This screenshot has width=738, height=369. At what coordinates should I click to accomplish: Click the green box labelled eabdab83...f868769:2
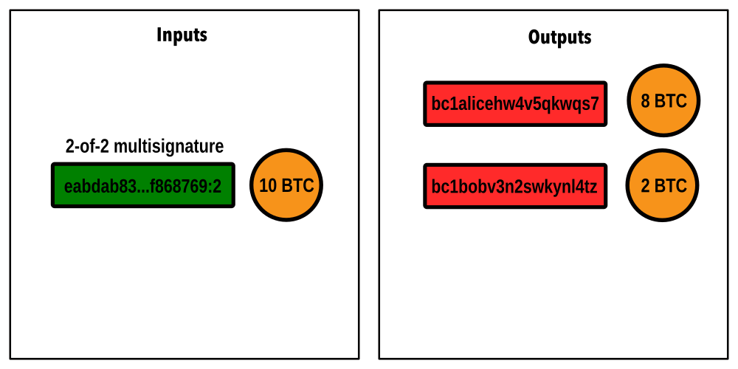click(x=142, y=185)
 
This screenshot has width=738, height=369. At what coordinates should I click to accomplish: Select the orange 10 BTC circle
click(x=286, y=185)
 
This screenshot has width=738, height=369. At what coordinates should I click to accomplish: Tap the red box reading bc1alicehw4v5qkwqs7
click(x=515, y=104)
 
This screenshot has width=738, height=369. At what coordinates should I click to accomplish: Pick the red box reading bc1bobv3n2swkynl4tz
click(x=515, y=186)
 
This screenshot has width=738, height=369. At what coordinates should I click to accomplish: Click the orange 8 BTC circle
click(x=663, y=100)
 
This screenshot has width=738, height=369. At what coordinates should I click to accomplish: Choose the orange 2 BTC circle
click(x=662, y=185)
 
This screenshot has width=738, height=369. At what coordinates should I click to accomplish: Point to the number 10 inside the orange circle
click(x=268, y=186)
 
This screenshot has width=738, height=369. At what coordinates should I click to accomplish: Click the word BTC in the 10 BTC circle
click(x=297, y=186)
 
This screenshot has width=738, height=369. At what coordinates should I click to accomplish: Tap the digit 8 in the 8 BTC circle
click(x=645, y=101)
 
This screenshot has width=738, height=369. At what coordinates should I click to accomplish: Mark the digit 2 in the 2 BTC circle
click(x=645, y=186)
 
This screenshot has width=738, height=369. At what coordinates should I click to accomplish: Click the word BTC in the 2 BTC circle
click(x=670, y=186)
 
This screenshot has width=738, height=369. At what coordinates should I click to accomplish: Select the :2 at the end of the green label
click(x=216, y=187)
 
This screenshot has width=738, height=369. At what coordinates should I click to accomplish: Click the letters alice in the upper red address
click(x=472, y=104)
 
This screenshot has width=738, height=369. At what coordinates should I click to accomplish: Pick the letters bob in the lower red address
click(x=469, y=187)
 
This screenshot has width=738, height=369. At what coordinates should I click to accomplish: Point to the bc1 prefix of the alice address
click(x=443, y=104)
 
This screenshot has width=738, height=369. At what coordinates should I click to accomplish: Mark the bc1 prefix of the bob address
click(x=443, y=187)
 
